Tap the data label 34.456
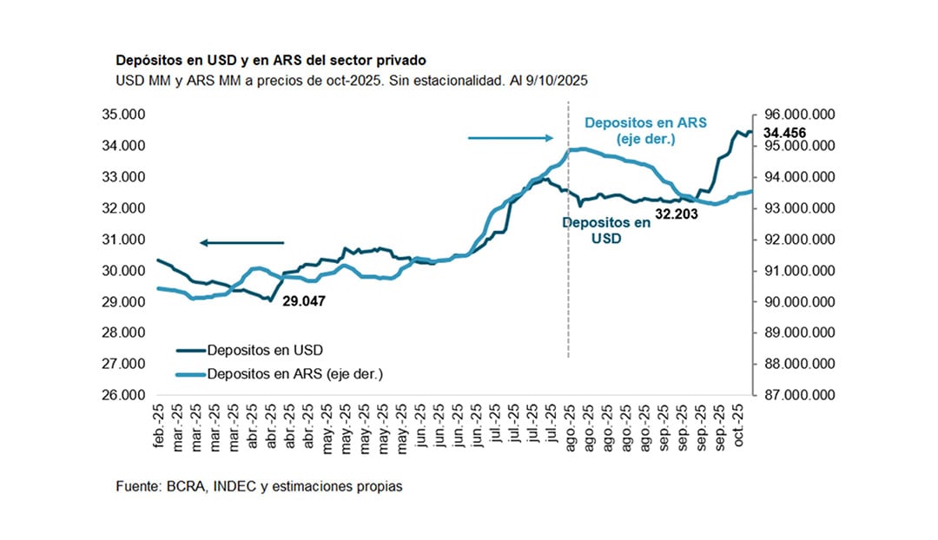point(784,133)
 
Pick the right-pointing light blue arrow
point(510,137)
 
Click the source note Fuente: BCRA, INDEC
point(259,487)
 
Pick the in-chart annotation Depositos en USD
point(605,229)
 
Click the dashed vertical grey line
point(569,260)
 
